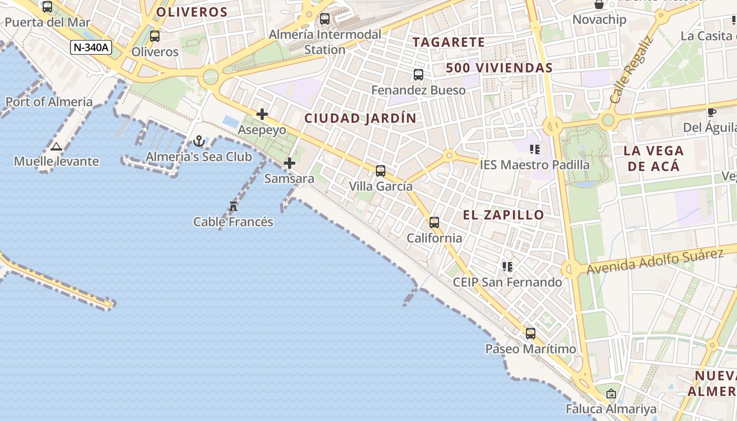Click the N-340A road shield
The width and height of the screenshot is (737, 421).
point(91,47)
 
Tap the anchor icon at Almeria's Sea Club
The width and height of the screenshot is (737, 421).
point(199,141)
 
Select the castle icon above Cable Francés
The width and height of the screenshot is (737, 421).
point(233,206)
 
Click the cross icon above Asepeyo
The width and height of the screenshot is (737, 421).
point(262,114)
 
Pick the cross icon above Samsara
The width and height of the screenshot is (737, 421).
point(290,163)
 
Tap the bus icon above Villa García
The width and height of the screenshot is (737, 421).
point(381,171)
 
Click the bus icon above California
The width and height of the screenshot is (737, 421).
point(434,223)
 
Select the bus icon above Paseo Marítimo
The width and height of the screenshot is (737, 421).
point(531,333)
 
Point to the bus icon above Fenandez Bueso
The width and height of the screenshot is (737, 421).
point(419,75)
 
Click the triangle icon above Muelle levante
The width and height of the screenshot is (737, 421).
point(56,146)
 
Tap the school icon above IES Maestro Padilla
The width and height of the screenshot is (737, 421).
point(535,149)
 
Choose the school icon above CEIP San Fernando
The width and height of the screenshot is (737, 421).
point(507,267)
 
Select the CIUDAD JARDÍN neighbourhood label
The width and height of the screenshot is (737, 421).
point(361,118)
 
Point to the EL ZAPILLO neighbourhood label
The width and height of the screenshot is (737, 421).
point(503,215)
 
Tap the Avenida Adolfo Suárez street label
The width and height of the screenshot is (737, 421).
point(655,262)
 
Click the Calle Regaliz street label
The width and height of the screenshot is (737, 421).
point(631,69)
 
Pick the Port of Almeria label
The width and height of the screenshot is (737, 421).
point(49,102)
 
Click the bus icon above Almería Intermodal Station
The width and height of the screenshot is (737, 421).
point(325,19)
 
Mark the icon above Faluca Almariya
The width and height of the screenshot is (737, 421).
point(611,394)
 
